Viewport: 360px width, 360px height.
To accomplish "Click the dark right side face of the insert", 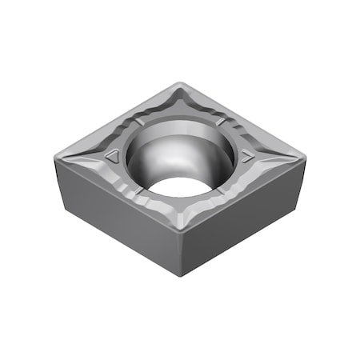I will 240,220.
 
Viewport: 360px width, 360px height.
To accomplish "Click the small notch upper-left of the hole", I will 140,122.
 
